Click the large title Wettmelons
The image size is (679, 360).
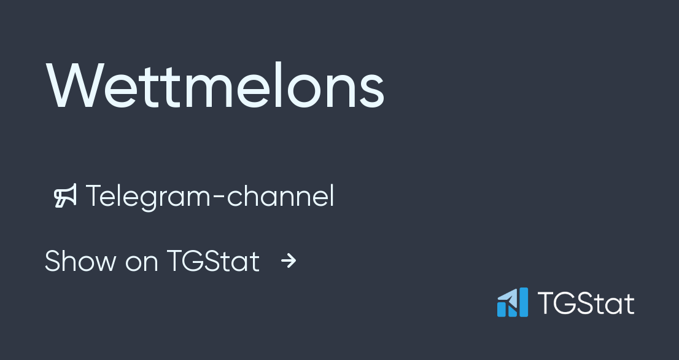215,86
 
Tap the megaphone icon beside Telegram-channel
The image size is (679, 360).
66,196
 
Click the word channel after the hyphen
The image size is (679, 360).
281,197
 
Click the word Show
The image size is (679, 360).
80,261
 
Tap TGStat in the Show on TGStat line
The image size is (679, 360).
213,261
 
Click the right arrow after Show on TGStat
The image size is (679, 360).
289,262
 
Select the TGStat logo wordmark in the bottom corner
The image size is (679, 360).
586,303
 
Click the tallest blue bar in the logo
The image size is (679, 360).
522,302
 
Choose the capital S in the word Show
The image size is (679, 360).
53,261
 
